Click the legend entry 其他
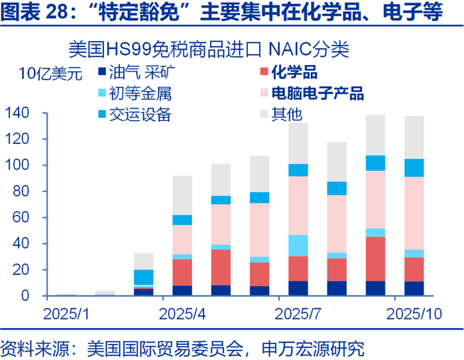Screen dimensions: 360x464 tap(286, 114)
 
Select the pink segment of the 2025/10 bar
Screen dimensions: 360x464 tap(414, 213)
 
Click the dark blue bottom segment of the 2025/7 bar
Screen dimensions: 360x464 tap(298, 288)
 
